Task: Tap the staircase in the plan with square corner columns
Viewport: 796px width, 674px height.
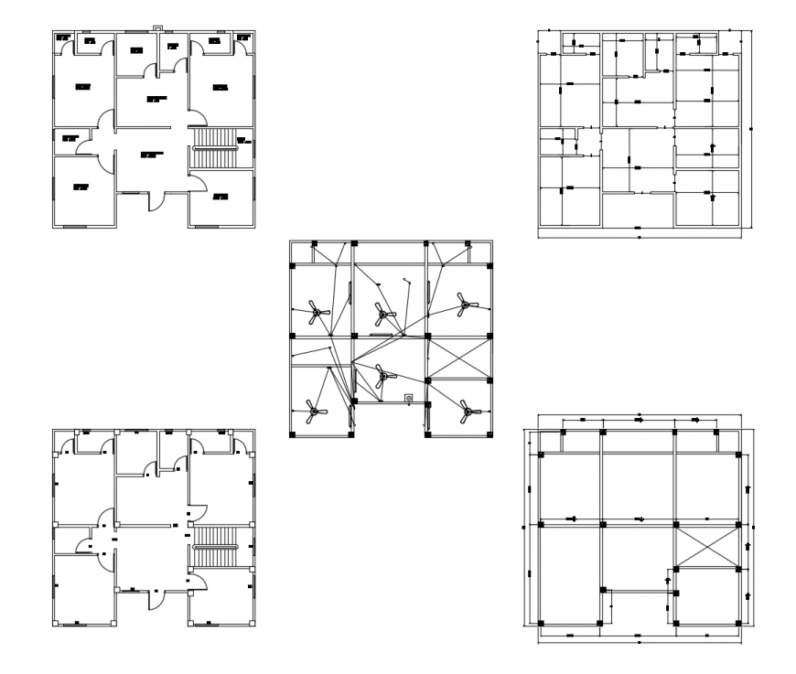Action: [x=214, y=546]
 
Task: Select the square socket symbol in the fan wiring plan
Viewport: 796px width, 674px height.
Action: [x=409, y=398]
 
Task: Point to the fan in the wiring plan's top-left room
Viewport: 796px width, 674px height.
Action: [x=316, y=314]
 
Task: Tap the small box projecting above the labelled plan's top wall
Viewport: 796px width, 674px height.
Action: [x=156, y=28]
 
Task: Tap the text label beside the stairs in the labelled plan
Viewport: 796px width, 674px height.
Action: [x=243, y=141]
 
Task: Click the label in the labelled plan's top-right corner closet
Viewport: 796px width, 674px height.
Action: [x=243, y=37]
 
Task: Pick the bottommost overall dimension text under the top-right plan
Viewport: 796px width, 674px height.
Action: [x=638, y=237]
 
